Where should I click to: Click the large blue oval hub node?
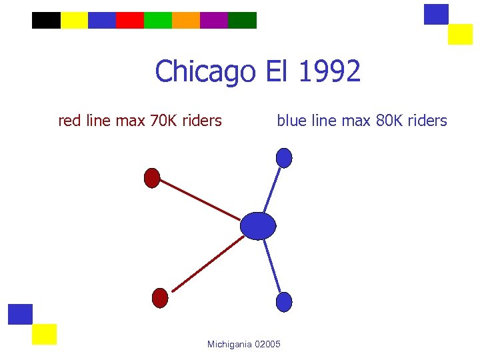point(258,226)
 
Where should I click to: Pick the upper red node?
point(152,178)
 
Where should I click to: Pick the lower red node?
point(160,298)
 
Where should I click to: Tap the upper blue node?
point(284,158)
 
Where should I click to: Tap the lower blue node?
point(284,302)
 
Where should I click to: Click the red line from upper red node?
point(199,200)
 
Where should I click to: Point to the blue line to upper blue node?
point(272,188)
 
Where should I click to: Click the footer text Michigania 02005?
point(244,344)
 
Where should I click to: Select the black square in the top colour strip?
point(46,21)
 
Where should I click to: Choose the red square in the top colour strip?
point(130,21)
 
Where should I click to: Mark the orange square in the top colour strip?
point(186,21)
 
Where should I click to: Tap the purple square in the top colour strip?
point(214,21)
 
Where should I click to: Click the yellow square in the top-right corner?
point(460,34)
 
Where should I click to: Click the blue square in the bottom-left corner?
point(21,314)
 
